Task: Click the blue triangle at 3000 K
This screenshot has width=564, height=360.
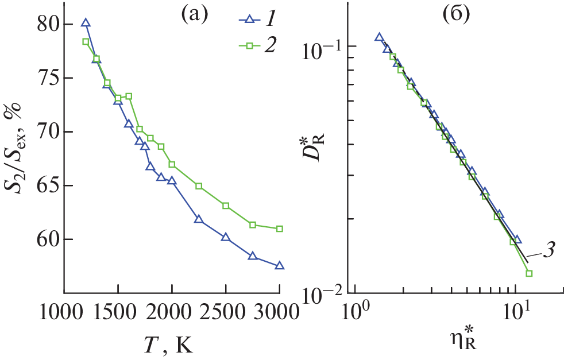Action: coord(280,265)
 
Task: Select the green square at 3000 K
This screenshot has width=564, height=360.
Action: coord(280,229)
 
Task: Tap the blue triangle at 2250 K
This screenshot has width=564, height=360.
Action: coord(199,219)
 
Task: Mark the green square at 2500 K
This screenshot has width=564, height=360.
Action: coord(226,206)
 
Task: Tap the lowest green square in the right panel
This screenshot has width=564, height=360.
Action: coord(529,273)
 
